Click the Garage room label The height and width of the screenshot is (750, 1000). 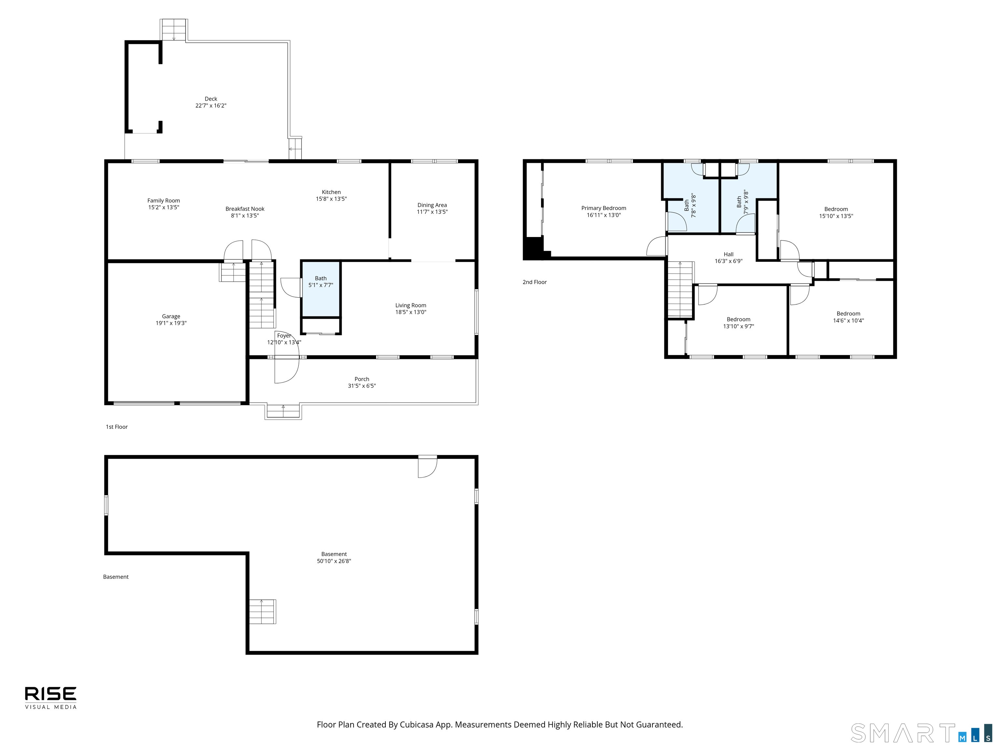pyautogui.click(x=171, y=316)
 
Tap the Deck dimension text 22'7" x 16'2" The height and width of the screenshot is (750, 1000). pyautogui.click(x=211, y=106)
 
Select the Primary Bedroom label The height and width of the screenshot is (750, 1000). pyautogui.click(x=604, y=208)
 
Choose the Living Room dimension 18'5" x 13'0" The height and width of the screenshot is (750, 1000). pyautogui.click(x=410, y=312)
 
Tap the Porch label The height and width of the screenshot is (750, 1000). pyautogui.click(x=362, y=379)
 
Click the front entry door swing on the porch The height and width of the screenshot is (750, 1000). pyautogui.click(x=286, y=370)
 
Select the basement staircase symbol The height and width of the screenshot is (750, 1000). pyautogui.click(x=262, y=612)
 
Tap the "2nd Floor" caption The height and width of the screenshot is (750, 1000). pyautogui.click(x=535, y=282)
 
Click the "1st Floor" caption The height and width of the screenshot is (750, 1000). pyautogui.click(x=117, y=427)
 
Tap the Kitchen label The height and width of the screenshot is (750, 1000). pyautogui.click(x=331, y=192)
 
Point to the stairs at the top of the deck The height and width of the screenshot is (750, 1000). pyautogui.click(x=174, y=30)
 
